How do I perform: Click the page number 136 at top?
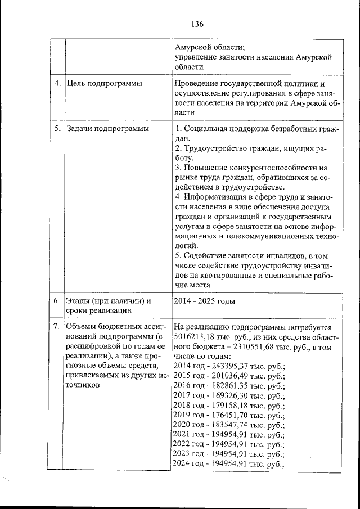pos(196,24)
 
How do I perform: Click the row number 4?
pos(57,84)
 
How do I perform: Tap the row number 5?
pos(57,129)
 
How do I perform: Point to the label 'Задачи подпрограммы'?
pos(107,129)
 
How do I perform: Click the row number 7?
pos(57,327)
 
